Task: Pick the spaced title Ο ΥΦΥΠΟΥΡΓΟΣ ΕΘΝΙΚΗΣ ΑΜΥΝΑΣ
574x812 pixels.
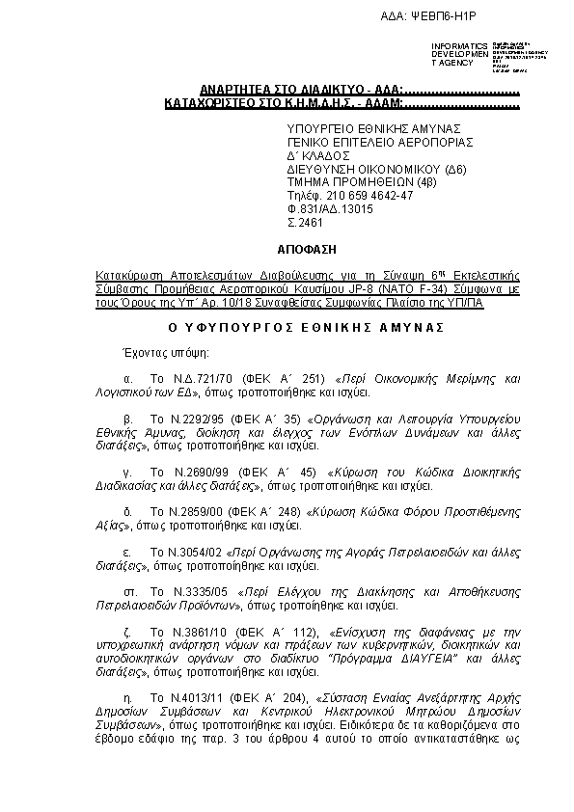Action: click(x=306, y=328)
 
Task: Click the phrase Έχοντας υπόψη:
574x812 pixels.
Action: click(x=147, y=354)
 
